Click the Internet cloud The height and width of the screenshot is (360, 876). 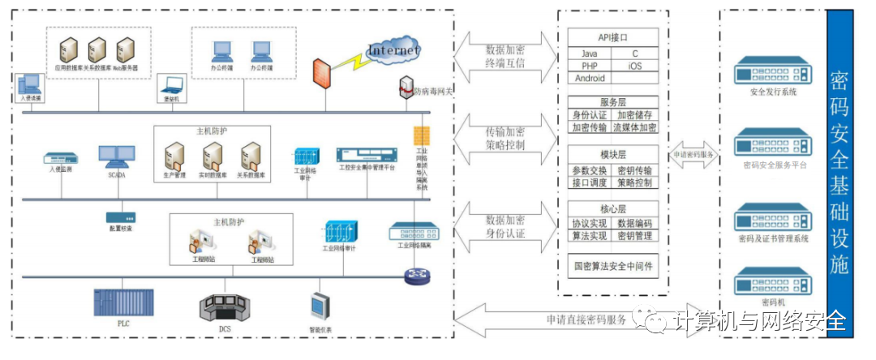(x=393, y=51)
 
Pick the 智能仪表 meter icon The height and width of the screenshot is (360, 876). (x=319, y=306)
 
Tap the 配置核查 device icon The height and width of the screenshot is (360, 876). (x=120, y=217)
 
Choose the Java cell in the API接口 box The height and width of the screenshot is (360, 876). (x=589, y=54)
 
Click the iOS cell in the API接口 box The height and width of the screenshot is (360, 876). (x=634, y=66)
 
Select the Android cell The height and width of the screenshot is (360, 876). (x=590, y=79)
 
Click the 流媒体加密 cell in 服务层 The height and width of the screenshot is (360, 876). (x=634, y=128)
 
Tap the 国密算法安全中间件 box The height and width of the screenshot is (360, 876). (x=612, y=264)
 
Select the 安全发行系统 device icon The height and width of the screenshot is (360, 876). (x=772, y=74)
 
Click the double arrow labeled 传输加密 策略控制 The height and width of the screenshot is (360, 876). (x=505, y=139)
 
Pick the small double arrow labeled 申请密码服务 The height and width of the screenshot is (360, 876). (x=694, y=154)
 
